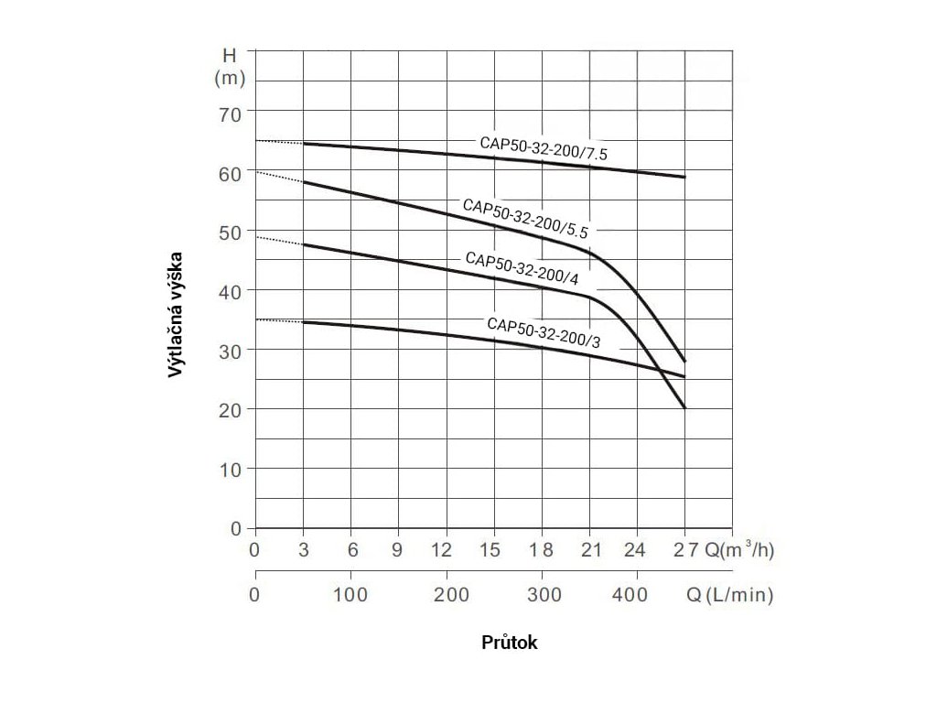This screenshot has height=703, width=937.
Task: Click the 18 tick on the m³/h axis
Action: [543, 551]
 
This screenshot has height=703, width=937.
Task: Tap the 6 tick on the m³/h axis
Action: [351, 551]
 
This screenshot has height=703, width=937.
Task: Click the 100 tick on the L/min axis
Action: [351, 596]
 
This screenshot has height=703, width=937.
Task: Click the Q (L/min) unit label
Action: [729, 596]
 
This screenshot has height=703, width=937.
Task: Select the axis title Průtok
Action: [510, 643]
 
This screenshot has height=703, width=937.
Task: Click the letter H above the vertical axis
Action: [230, 56]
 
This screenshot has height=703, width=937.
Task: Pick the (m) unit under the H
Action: [230, 79]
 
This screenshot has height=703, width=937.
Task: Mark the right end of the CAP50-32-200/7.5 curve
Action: [684, 177]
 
